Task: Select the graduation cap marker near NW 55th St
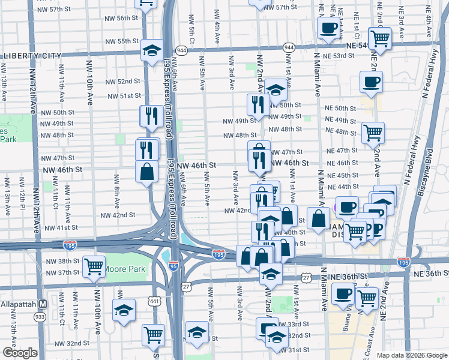click(x=152, y=50)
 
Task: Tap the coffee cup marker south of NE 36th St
click(x=343, y=293)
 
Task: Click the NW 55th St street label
click(x=122, y=41)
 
